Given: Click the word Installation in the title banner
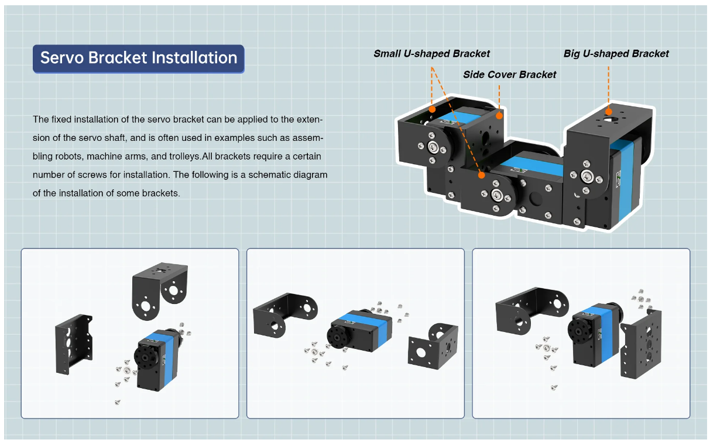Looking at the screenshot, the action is point(194,58).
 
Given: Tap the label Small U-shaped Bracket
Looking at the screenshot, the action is point(432,54).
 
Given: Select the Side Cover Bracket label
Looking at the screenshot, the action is point(510,75).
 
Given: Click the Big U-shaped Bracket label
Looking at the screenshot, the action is point(616,54).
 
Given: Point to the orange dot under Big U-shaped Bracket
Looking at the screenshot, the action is point(608,112).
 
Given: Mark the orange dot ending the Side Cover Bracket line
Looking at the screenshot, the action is point(499,116).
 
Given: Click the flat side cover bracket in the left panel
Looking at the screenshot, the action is point(74,344).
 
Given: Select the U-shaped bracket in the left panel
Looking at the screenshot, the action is point(160,290).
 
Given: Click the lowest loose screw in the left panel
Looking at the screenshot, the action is point(117,402).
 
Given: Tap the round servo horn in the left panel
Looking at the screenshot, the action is point(146,357).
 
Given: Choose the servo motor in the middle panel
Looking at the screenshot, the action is point(359,330).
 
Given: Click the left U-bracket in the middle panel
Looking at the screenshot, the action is point(285,315).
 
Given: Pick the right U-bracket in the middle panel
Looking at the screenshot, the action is point(433,346).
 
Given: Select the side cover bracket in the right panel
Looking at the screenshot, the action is point(641,344).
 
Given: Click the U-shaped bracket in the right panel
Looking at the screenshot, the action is point(532,311).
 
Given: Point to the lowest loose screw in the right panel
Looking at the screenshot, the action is point(554,387).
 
